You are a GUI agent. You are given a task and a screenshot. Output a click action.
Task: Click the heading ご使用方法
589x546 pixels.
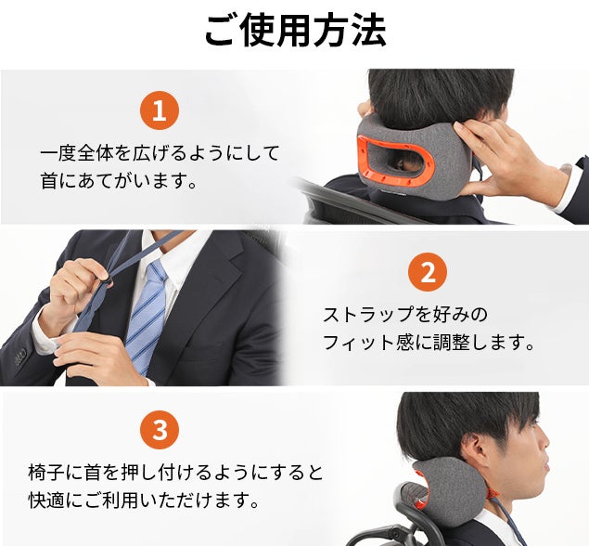click(x=295, y=31)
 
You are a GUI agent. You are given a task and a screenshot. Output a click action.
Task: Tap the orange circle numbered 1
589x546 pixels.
click(x=160, y=110)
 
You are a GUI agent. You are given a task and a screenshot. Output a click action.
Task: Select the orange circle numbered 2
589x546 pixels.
click(x=428, y=272)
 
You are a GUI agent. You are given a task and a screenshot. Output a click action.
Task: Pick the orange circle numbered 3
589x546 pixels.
click(x=160, y=429)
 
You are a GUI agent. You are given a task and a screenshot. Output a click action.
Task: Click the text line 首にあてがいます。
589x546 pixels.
click(x=119, y=181)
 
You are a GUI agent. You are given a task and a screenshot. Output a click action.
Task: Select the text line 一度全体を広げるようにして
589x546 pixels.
click(x=160, y=153)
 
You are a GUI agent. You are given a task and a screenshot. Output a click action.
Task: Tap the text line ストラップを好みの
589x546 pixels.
click(x=405, y=315)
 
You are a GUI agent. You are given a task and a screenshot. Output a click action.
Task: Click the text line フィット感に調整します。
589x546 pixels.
click(x=429, y=343)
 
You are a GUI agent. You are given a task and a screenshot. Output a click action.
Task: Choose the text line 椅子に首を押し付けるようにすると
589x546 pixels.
click(x=176, y=473)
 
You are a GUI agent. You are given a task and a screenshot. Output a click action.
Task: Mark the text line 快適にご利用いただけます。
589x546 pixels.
click(x=144, y=500)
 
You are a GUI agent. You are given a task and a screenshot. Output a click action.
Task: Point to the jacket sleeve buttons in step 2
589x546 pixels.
click(x=19, y=357)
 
